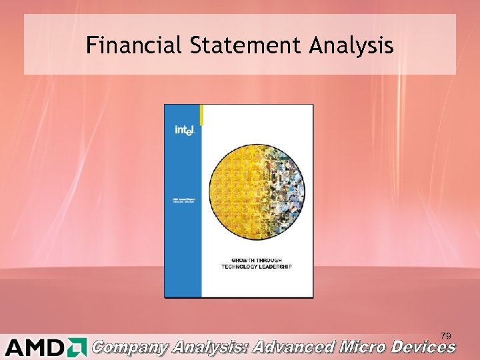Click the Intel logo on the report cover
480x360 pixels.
184,131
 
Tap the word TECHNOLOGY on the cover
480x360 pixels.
242,267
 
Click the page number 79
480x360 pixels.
445,335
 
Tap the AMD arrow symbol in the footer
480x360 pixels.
77,347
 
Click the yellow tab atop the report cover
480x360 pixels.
202,115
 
